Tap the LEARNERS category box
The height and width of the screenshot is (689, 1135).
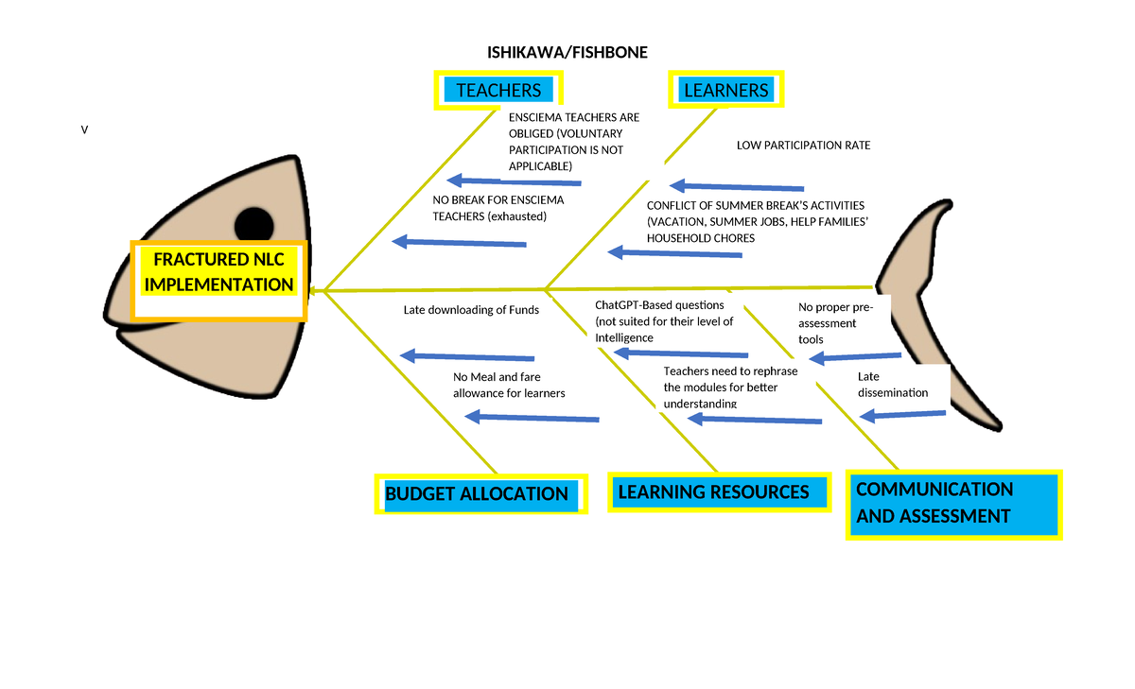point(725,90)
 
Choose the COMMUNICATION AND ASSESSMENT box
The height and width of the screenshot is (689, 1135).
point(952,504)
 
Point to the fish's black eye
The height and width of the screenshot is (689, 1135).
point(253,225)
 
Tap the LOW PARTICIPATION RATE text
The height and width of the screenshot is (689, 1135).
point(803,146)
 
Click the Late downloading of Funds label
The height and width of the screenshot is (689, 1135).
point(471,310)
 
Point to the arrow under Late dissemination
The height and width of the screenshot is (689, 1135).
point(902,414)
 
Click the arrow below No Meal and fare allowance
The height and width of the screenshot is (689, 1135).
point(533,418)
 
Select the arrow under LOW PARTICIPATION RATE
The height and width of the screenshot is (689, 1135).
point(736,187)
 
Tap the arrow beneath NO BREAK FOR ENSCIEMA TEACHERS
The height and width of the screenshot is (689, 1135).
point(459,243)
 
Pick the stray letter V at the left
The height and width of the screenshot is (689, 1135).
point(83,130)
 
